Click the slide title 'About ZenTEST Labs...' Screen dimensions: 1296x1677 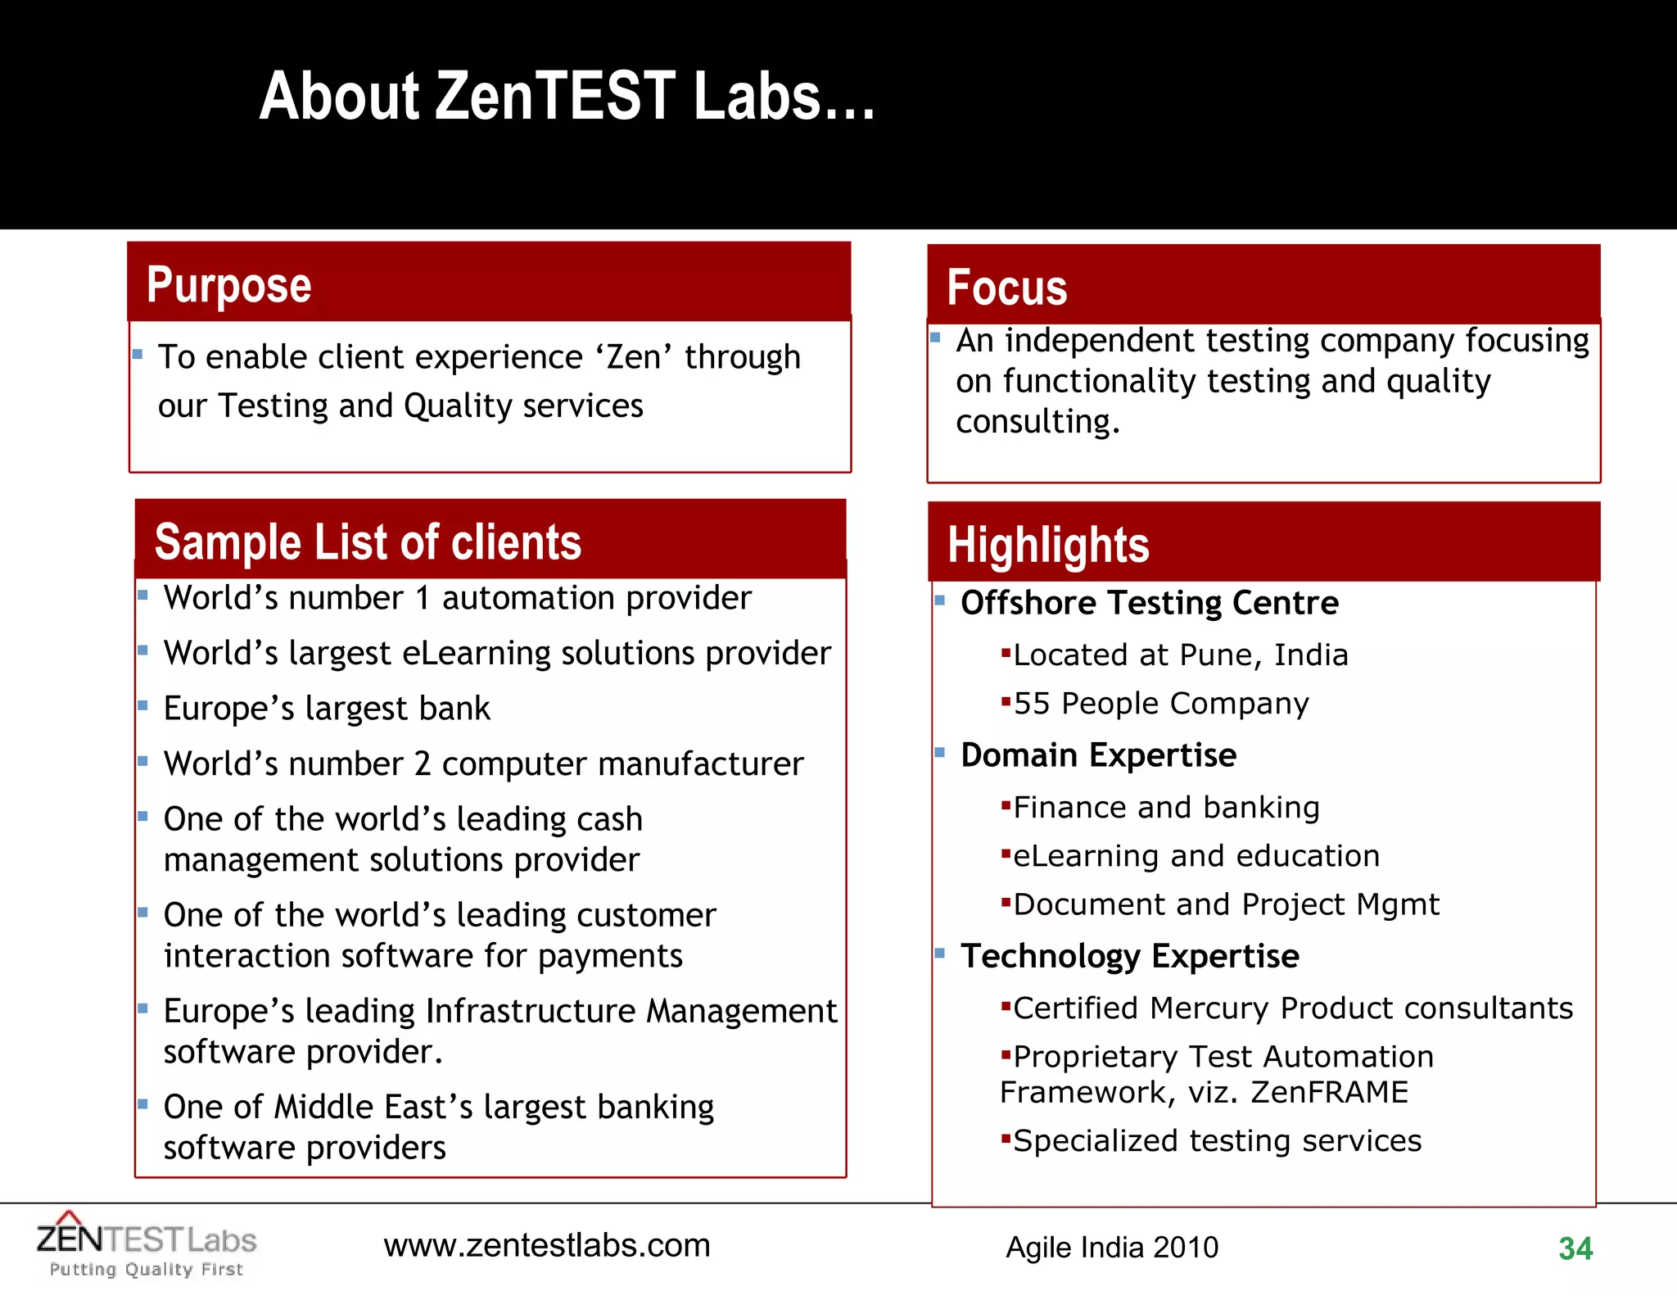[x=567, y=97]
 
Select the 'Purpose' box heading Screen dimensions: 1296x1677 [x=229, y=285]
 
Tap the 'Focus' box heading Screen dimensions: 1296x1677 [x=1007, y=288]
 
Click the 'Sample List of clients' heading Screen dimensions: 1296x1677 [x=368, y=542]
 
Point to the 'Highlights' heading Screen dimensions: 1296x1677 [x=1048, y=546]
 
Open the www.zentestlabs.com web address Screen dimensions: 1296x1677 [x=547, y=1246]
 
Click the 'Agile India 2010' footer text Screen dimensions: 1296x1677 [x=1112, y=1248]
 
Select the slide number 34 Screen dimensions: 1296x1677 [x=1575, y=1248]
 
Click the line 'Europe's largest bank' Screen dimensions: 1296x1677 [x=327, y=709]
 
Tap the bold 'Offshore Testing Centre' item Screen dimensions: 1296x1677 [x=1150, y=603]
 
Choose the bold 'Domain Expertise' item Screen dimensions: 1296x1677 [x=1098, y=755]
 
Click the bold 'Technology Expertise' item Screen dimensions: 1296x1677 [x=1130, y=956]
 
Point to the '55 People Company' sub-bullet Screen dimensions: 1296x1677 [x=1161, y=704]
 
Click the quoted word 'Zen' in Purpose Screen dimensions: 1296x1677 [x=634, y=358]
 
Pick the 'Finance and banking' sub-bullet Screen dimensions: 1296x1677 [x=1166, y=808]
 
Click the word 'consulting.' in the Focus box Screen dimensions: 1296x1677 [x=1037, y=422]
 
